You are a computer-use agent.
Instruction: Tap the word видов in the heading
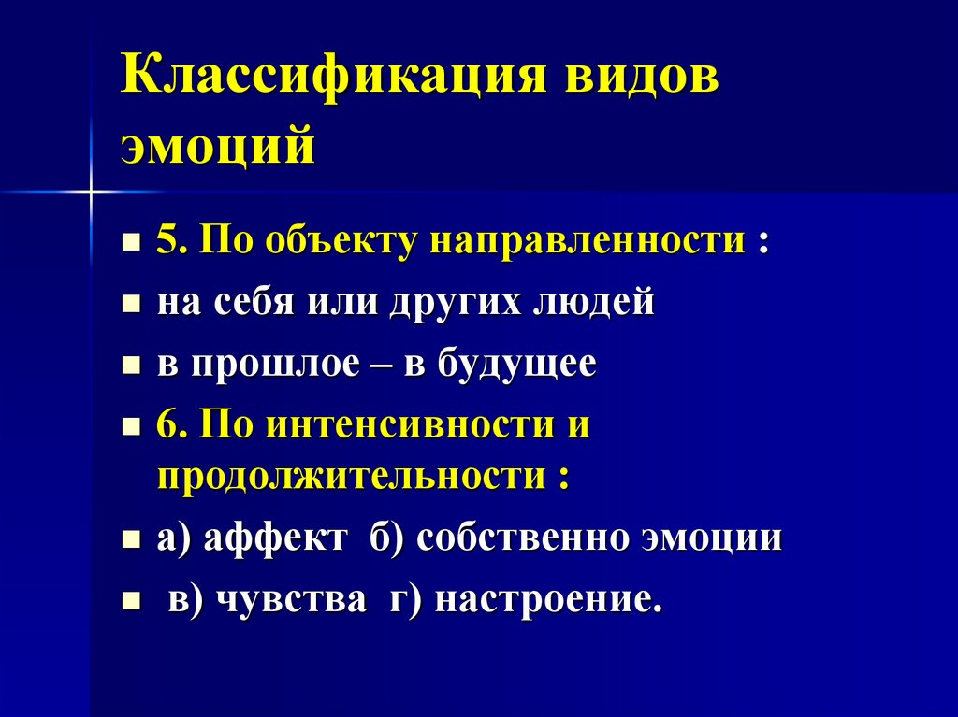pyautogui.click(x=640, y=79)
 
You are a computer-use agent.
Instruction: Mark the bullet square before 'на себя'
pyautogui.click(x=132, y=305)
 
